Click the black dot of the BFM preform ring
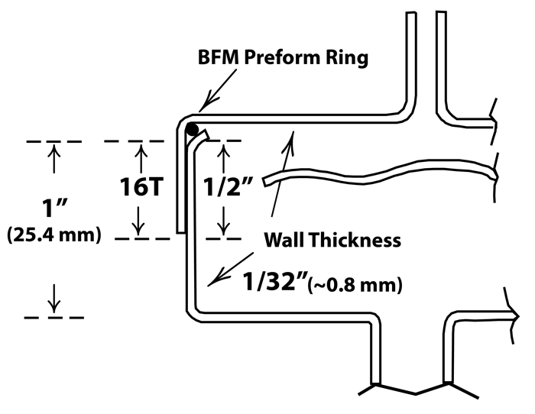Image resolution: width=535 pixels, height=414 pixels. pyautogui.click(x=193, y=129)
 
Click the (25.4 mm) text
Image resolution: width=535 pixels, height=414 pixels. pyautogui.click(x=53, y=235)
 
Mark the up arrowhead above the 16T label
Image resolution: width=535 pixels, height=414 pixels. pyautogui.click(x=140, y=150)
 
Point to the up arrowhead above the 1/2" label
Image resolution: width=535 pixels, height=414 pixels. pyautogui.click(x=224, y=150)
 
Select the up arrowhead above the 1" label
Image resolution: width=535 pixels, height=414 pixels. pyautogui.click(x=53, y=150)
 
